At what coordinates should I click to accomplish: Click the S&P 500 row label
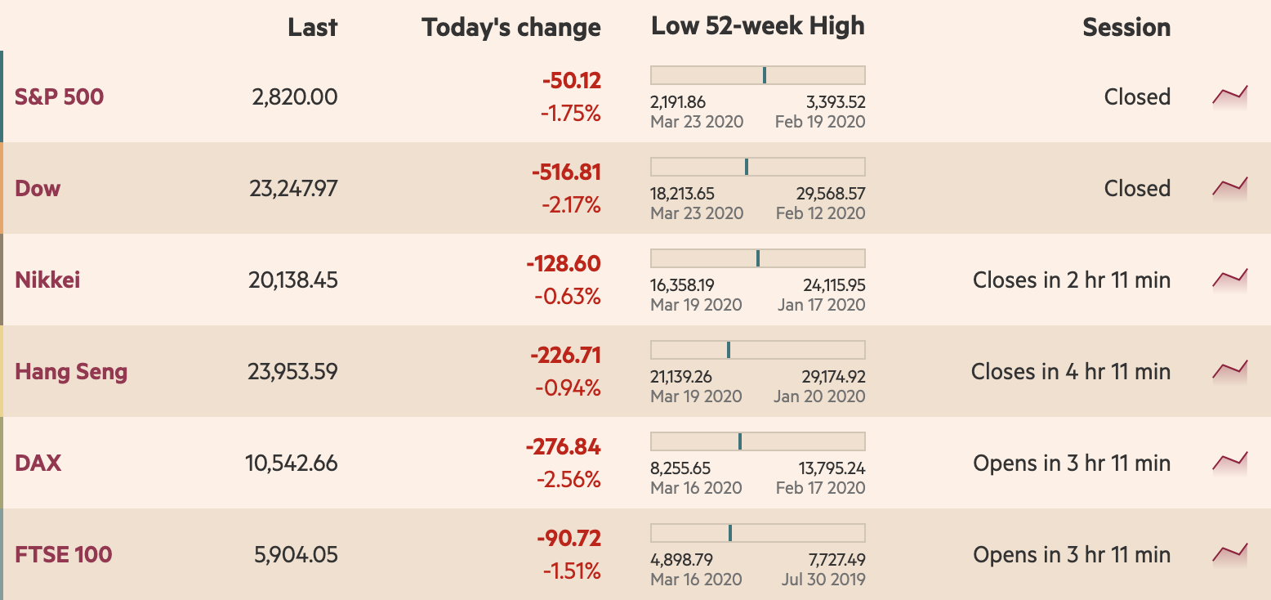coord(59,97)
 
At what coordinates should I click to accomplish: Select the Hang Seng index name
coord(71,372)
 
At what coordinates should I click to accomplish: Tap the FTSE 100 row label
coord(64,555)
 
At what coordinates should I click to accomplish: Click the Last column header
coord(312,27)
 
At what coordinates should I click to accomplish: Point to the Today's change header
coord(511,27)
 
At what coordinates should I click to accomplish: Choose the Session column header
coord(1126,27)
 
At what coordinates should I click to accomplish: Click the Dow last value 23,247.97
coord(292,189)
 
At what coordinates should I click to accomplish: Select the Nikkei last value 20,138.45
coord(292,280)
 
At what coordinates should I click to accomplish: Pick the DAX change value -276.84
coord(564,447)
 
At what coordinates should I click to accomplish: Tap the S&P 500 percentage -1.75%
coord(570,114)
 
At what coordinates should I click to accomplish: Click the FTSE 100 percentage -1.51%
coord(572,571)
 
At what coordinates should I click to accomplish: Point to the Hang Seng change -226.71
coord(565,356)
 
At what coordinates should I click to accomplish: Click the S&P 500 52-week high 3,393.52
coord(836,102)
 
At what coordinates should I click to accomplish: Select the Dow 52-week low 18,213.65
coord(683,194)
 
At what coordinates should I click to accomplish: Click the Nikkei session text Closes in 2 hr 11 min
coord(1071,280)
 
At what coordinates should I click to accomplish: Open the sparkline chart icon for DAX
coord(1230,463)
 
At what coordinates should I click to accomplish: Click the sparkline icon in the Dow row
coord(1230,188)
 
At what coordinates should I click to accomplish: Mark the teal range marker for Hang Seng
coord(729,350)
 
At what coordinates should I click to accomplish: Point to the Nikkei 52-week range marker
coord(758,258)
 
